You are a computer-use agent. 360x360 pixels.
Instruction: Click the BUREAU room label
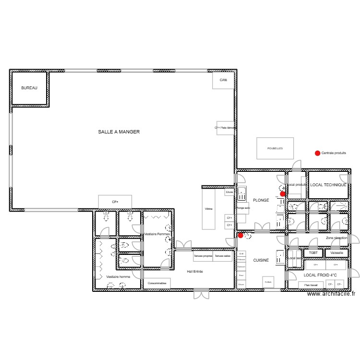(29, 88)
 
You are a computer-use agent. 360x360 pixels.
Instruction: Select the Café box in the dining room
(223, 80)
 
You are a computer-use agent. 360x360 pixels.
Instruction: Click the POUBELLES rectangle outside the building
(275, 148)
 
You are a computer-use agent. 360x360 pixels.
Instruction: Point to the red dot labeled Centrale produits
(317, 153)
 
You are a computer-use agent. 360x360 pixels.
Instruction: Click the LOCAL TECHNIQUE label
(328, 185)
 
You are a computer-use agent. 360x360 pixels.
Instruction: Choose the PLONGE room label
(261, 200)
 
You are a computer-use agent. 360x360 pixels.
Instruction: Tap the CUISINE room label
(261, 260)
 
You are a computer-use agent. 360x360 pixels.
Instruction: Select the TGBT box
(313, 252)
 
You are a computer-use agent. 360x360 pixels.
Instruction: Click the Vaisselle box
(336, 252)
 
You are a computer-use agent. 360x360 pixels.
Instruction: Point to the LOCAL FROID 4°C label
(320, 275)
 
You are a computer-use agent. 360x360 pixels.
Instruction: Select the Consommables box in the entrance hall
(157, 284)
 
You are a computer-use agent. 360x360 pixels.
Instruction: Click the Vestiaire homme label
(118, 277)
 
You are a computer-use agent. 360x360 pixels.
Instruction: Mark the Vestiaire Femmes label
(157, 234)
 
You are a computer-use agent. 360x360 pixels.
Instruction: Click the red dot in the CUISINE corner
(240, 235)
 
